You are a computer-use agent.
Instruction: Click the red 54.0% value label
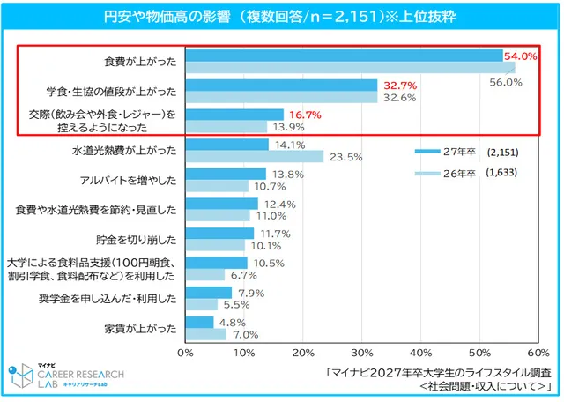point(520,56)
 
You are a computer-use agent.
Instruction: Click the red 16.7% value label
point(302,115)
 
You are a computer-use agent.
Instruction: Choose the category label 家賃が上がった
point(146,330)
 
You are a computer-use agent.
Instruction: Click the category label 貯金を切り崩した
point(140,240)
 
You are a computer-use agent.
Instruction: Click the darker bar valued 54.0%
point(344,55)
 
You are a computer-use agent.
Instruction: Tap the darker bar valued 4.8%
point(199,323)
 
